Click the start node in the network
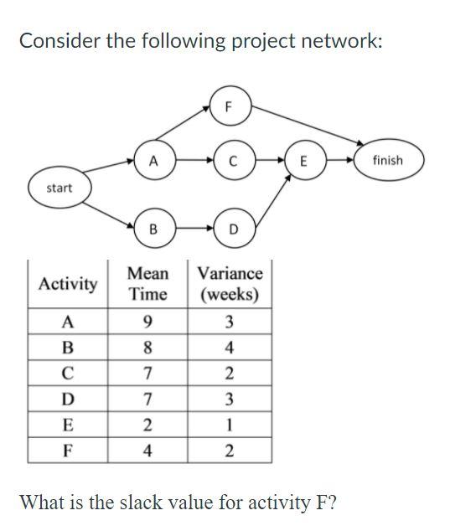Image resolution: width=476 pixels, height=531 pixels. pyautogui.click(x=59, y=188)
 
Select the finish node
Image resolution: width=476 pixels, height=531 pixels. pyautogui.click(x=388, y=160)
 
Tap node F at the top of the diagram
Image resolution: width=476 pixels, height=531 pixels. pyautogui.click(x=230, y=106)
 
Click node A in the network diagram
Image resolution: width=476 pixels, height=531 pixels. pyautogui.click(x=152, y=162)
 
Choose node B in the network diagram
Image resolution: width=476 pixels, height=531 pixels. pyautogui.click(x=152, y=228)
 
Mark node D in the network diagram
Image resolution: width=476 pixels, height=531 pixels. pyautogui.click(x=232, y=228)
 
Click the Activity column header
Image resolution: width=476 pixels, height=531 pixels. pyautogui.click(x=68, y=285)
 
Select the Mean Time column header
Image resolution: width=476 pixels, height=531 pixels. pyautogui.click(x=147, y=285)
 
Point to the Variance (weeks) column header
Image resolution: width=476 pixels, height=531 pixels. pyautogui.click(x=230, y=285)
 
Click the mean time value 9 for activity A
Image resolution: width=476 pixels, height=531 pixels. pyautogui.click(x=147, y=322)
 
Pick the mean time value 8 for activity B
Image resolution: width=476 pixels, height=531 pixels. pyautogui.click(x=147, y=346)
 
